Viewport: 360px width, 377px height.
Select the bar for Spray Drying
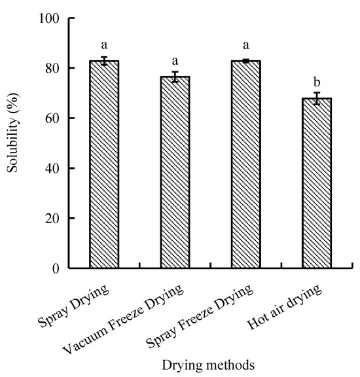pos(103,164)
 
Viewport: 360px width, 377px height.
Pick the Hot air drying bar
pos(317,183)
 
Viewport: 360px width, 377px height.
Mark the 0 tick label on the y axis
pos(56,268)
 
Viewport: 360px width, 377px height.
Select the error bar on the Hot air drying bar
pos(317,98)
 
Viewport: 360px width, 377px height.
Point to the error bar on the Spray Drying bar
pos(103,61)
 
